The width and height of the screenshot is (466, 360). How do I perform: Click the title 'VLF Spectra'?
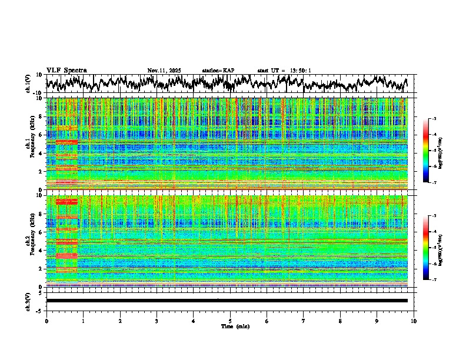click(x=66, y=70)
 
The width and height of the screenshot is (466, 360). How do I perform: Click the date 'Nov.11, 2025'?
click(x=164, y=71)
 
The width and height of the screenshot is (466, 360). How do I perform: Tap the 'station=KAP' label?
click(x=218, y=71)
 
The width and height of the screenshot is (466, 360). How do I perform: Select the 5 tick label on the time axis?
click(x=230, y=321)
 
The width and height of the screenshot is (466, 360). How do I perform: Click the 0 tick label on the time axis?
click(x=46, y=321)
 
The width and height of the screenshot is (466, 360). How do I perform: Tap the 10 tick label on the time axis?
click(x=414, y=321)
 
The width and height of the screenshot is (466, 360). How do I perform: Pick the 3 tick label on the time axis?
click(x=157, y=321)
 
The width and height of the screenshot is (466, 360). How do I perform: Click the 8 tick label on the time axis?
click(x=340, y=321)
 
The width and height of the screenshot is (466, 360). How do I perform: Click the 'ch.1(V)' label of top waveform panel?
click(x=28, y=84)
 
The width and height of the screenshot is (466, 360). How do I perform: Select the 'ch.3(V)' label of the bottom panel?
click(x=28, y=301)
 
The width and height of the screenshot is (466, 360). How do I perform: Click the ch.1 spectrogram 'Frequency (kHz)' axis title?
click(x=28, y=144)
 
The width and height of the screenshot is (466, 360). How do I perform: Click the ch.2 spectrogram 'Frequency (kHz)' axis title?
click(x=28, y=241)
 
